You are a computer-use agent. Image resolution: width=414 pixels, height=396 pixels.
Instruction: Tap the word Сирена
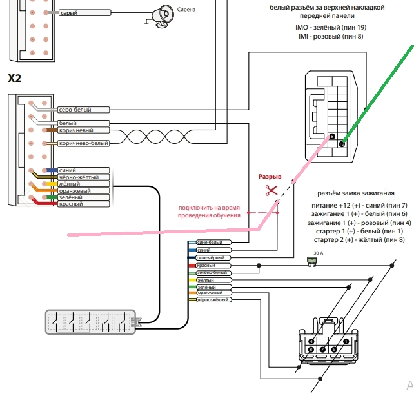(x=186, y=10)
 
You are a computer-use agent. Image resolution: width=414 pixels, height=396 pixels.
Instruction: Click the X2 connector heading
(x=15, y=78)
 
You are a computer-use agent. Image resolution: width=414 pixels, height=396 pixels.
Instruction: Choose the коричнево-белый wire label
(x=83, y=143)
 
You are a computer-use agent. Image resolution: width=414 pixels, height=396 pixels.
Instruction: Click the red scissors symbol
(x=271, y=190)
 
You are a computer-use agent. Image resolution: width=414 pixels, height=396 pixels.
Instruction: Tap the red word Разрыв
(x=270, y=177)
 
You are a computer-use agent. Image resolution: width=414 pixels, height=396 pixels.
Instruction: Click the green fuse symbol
(x=312, y=261)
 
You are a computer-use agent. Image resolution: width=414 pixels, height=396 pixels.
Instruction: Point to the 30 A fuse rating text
(x=318, y=253)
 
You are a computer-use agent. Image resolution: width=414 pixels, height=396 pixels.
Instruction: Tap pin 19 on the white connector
(x=342, y=144)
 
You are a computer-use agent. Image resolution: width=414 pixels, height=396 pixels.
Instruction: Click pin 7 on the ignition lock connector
(x=322, y=350)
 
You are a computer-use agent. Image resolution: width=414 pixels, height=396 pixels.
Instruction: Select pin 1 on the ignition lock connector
(x=346, y=341)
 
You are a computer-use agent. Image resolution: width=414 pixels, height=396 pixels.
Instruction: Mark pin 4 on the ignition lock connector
(x=311, y=341)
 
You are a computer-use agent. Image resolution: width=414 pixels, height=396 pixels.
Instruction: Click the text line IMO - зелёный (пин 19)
(x=331, y=27)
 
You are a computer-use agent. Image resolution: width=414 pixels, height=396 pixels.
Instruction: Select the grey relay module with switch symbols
(x=90, y=322)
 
